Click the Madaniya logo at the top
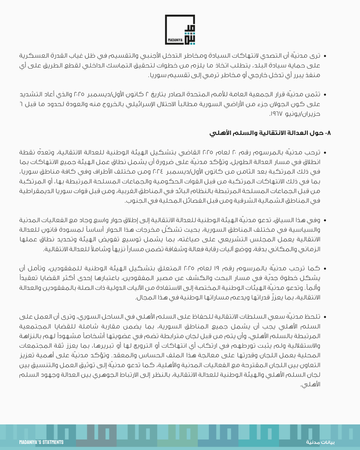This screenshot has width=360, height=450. point(180,30)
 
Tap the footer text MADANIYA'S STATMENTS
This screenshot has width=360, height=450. point(41,442)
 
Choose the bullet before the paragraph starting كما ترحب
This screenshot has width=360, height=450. point(325,269)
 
